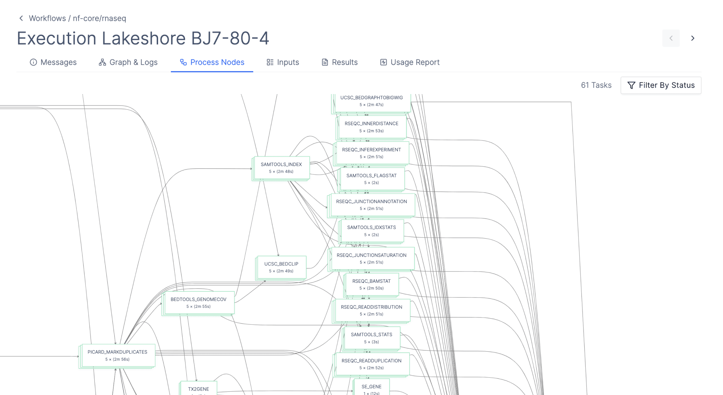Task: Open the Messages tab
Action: (53, 62)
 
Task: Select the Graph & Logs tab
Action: (128, 62)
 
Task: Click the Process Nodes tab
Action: (212, 62)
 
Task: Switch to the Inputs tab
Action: (283, 62)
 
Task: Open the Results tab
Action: (340, 62)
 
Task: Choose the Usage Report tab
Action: (410, 62)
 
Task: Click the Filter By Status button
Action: (661, 85)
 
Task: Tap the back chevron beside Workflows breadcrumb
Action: (21, 18)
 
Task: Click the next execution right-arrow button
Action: (693, 38)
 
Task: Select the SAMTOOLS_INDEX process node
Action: (281, 168)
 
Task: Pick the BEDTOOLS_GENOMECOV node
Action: (198, 303)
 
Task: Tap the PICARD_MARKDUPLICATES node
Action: (117, 356)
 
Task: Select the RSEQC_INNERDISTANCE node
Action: (371, 127)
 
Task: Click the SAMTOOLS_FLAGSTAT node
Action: (371, 179)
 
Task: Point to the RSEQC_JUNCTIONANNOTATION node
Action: (371, 205)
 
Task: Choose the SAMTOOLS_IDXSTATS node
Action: (371, 231)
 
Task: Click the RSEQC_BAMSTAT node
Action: (371, 285)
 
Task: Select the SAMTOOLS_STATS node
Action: (371, 338)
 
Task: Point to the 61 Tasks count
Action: (596, 85)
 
